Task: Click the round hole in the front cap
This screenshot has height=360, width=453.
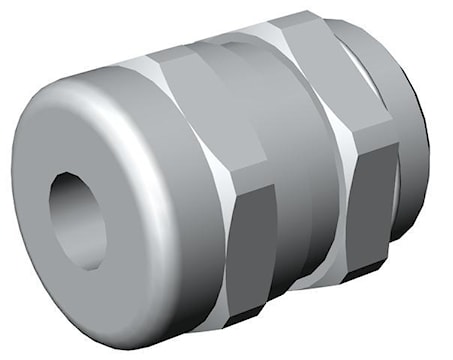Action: point(77,219)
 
